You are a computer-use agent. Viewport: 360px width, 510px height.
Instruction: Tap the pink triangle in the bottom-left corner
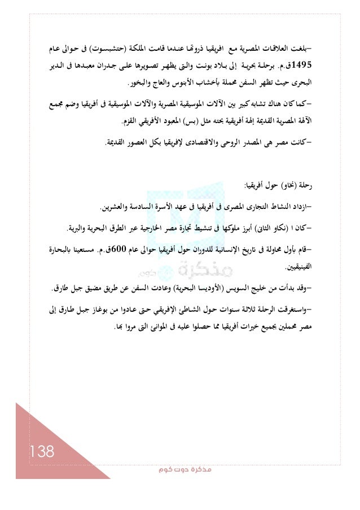click(23, 435)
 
